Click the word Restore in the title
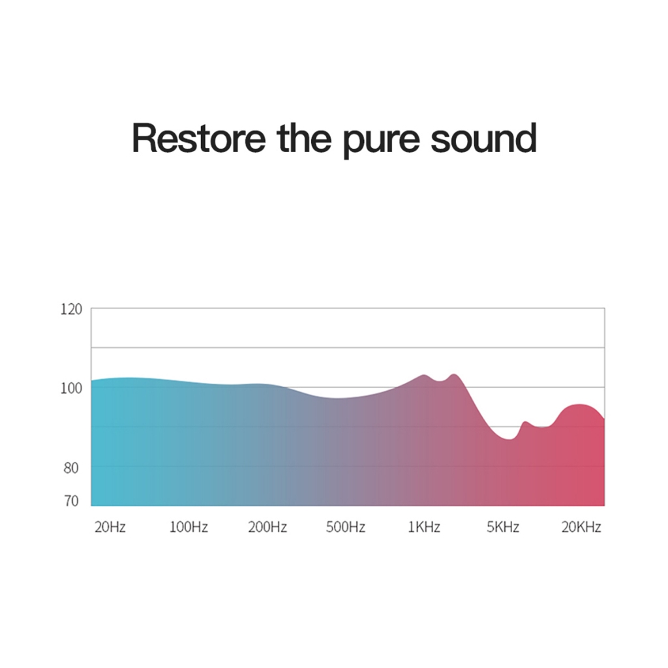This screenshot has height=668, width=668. click(199, 138)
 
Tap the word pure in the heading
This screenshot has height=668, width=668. click(381, 142)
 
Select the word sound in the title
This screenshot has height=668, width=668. click(483, 138)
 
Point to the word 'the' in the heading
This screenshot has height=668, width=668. click(304, 138)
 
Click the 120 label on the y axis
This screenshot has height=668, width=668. click(71, 309)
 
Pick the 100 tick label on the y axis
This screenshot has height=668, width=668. click(71, 388)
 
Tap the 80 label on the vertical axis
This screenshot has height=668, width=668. click(71, 468)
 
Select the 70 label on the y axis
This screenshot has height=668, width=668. click(71, 501)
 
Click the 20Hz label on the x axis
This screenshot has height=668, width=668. click(110, 527)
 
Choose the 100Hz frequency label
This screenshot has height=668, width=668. click(189, 527)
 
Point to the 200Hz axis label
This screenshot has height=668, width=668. click(267, 527)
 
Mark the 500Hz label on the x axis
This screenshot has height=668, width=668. click(346, 527)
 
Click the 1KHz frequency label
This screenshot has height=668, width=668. click(424, 527)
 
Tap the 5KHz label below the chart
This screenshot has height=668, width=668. click(503, 527)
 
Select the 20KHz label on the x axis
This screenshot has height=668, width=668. click(581, 527)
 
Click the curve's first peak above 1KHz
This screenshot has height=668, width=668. click(424, 375)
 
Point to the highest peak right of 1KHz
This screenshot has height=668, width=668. click(454, 374)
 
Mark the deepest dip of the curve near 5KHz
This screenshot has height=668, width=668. click(509, 439)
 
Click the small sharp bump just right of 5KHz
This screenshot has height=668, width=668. click(525, 422)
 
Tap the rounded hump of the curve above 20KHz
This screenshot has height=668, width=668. click(579, 404)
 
